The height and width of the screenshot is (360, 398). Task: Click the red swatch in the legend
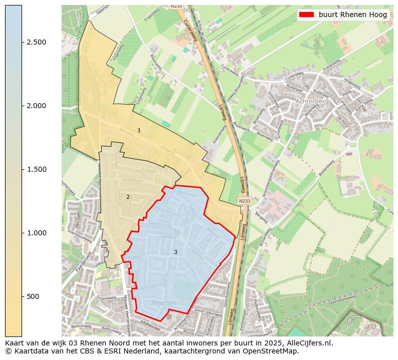[306, 15]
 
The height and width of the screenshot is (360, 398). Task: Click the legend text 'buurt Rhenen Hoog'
[353, 15]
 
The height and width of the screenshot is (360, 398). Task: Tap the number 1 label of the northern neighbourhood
[139, 130]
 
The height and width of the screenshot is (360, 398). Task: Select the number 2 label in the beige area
[128, 197]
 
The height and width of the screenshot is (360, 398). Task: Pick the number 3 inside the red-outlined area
[175, 252]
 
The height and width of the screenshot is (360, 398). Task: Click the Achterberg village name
[312, 101]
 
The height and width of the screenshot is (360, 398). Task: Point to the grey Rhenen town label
[163, 303]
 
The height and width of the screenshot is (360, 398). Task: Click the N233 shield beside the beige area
[244, 201]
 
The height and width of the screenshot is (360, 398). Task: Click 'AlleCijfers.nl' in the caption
[309, 343]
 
